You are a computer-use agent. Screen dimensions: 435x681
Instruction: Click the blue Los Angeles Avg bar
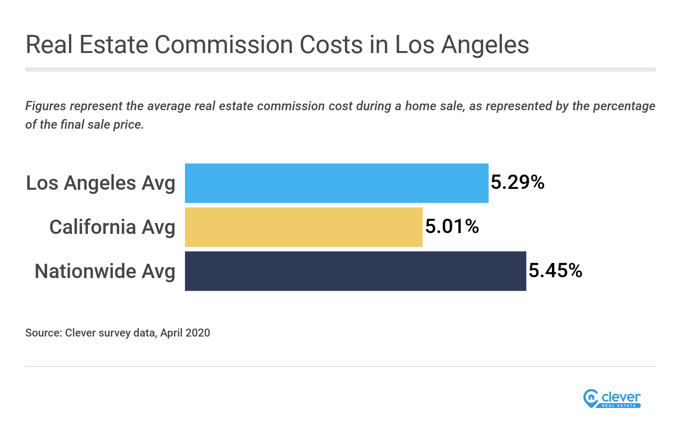(336, 183)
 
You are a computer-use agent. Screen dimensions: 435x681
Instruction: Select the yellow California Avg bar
(304, 227)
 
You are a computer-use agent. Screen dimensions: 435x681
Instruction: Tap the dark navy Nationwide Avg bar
(355, 271)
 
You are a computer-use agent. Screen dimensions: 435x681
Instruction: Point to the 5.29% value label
(517, 183)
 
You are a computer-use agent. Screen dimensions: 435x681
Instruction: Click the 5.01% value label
(452, 226)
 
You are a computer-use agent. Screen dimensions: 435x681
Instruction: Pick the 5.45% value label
(555, 271)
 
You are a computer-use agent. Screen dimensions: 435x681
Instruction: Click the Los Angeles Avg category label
(100, 183)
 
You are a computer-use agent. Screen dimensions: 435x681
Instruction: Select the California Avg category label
(112, 227)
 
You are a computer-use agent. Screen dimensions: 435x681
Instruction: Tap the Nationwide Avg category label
(105, 271)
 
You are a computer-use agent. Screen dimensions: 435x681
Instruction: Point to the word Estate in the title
(113, 45)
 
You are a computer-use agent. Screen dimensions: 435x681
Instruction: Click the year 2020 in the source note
(198, 333)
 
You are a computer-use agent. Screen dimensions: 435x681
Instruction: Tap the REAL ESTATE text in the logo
(619, 406)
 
